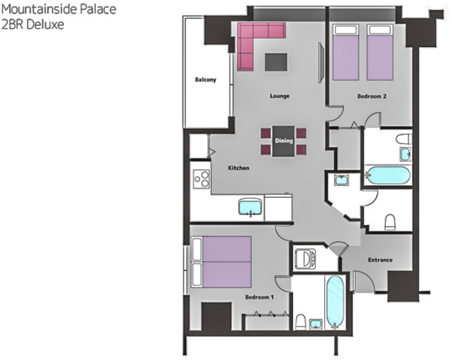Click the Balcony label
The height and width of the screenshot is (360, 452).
[x=205, y=79]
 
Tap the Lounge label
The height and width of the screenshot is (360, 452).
[x=279, y=96]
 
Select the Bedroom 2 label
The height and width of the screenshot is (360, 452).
[x=372, y=96]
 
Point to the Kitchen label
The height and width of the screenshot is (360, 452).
[x=239, y=168]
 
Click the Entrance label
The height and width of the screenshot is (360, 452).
[x=380, y=260]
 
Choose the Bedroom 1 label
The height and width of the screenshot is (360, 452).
[x=260, y=297]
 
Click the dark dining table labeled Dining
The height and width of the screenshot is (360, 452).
[x=284, y=141]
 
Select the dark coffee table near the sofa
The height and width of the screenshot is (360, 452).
[x=276, y=62]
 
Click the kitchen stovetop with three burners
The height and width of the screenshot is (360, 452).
[x=201, y=179]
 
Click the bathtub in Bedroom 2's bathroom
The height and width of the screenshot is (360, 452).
[x=387, y=175]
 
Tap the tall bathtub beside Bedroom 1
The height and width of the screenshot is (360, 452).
[x=335, y=302]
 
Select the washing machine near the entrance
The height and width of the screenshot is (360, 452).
[x=305, y=259]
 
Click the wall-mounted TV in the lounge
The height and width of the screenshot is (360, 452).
[x=321, y=63]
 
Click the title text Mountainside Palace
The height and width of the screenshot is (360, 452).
[x=59, y=9]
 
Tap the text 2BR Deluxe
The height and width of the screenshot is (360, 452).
[x=33, y=24]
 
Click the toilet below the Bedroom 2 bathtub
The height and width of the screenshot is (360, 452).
[x=390, y=222]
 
